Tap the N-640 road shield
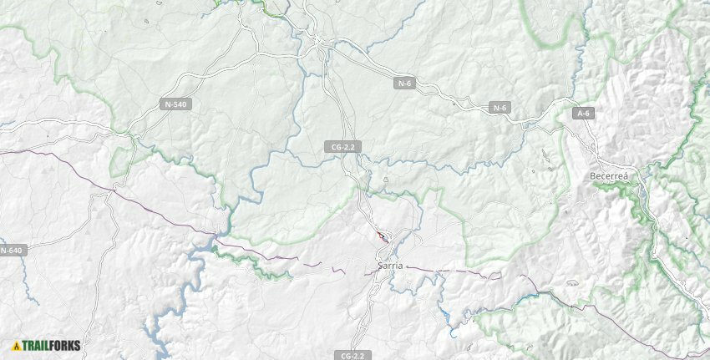click(13, 250)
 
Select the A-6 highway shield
click(583, 113)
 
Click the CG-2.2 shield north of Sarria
click(343, 147)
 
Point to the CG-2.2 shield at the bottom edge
click(353, 355)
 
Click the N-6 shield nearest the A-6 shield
click(500, 108)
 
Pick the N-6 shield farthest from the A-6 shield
click(404, 84)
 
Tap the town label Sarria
click(390, 265)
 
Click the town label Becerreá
click(608, 176)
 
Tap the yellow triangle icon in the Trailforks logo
click(16, 345)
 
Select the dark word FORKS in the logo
click(65, 345)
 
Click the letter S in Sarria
click(380, 265)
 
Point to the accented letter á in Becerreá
click(624, 176)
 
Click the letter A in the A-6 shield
click(579, 113)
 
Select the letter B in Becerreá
click(592, 176)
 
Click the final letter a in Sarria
click(400, 265)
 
